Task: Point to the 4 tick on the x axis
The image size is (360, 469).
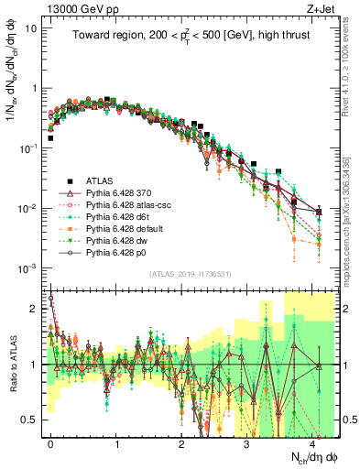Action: (x=311, y=441)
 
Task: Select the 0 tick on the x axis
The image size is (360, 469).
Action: (x=50, y=441)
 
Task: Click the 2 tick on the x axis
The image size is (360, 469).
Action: (x=181, y=441)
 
